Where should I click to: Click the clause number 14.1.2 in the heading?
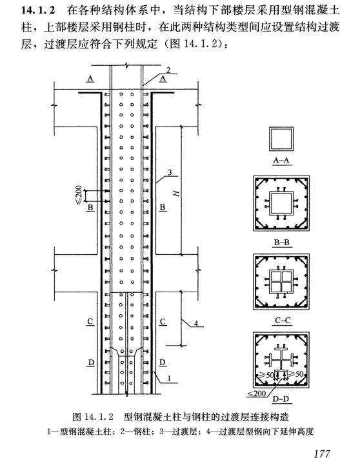point(38,10)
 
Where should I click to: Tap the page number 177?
point(322,453)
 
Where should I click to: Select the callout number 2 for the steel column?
point(168,70)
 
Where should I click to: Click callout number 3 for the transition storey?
point(170,172)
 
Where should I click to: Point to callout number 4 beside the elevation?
point(195,323)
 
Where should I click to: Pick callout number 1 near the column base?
point(169,379)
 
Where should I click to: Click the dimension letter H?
point(177,193)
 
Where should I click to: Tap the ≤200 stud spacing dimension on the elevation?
point(79,195)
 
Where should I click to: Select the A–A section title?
point(281,161)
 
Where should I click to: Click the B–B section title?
point(282,243)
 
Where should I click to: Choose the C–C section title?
point(283,321)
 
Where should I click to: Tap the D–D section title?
point(281,399)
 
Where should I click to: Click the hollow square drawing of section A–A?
point(281,127)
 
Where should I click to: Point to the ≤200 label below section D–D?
point(256,393)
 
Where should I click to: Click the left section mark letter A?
point(90,78)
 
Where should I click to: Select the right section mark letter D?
point(163,363)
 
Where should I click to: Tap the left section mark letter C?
point(90,321)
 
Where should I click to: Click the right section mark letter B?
point(163,207)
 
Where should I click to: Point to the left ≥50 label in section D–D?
point(266,375)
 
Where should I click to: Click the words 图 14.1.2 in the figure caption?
point(93,417)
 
